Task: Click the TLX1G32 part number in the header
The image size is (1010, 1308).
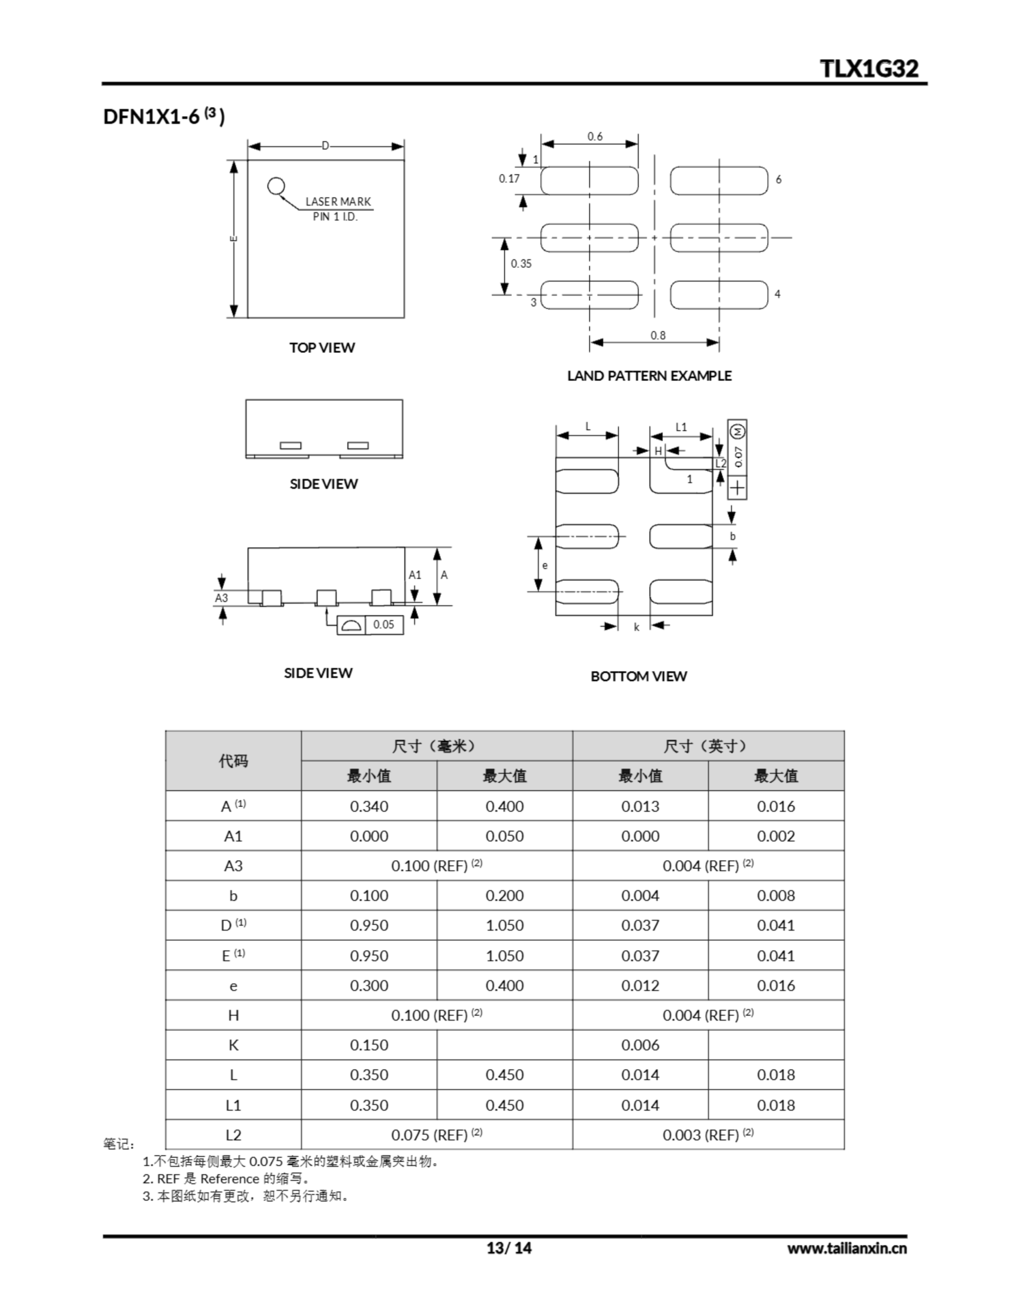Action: tap(869, 69)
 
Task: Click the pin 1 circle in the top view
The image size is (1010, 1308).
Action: tap(275, 186)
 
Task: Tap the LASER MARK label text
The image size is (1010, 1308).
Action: tap(338, 202)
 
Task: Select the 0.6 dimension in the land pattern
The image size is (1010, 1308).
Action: tap(594, 136)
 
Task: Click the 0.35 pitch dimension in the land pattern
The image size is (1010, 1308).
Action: tap(521, 264)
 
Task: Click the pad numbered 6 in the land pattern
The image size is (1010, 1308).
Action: tap(719, 181)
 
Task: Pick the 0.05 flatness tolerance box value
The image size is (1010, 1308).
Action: tap(384, 625)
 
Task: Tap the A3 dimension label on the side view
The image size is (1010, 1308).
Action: tap(222, 598)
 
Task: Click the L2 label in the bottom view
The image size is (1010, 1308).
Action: tap(720, 463)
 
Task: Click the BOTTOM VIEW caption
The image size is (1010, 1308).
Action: tap(638, 676)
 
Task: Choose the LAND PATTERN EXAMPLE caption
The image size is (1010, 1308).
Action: tap(649, 376)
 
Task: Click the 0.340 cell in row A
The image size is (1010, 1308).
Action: tap(369, 806)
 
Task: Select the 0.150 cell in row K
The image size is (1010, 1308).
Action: tap(369, 1045)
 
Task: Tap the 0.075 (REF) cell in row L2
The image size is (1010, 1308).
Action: tap(437, 1135)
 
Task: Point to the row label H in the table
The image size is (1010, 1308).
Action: tap(233, 1015)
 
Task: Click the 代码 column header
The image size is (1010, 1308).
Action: tap(233, 761)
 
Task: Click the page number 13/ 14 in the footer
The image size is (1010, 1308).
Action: tap(508, 1248)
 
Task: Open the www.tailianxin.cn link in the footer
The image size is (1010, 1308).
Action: tap(847, 1248)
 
